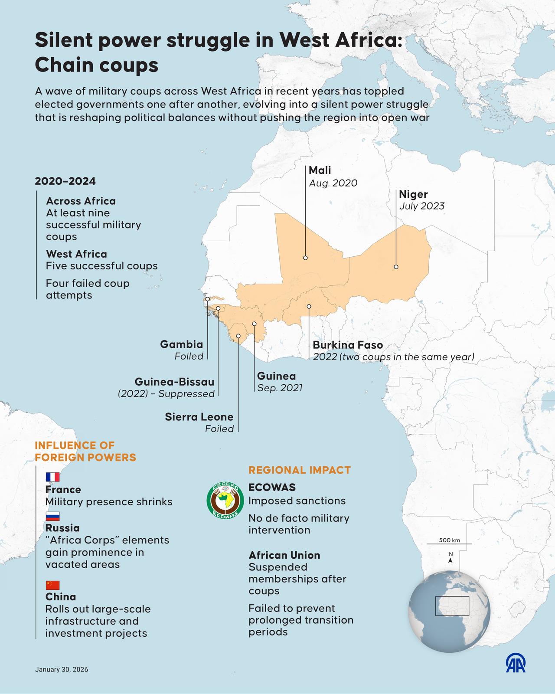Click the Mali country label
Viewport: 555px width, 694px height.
pyautogui.click(x=320, y=170)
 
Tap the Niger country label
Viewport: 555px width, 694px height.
pyautogui.click(x=413, y=194)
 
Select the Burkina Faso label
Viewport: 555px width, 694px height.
pyautogui.click(x=348, y=345)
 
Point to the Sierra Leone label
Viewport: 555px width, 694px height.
pyautogui.click(x=199, y=417)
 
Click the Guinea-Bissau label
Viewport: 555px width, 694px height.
pyautogui.click(x=174, y=382)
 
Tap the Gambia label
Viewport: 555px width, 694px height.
pyautogui.click(x=181, y=344)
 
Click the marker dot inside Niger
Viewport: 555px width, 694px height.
pyautogui.click(x=396, y=267)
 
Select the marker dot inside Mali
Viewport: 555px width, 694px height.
pyautogui.click(x=305, y=258)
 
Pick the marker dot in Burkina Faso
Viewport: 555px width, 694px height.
pyautogui.click(x=309, y=306)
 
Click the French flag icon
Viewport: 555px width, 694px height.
pyautogui.click(x=52, y=477)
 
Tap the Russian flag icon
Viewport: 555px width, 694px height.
pyautogui.click(x=52, y=516)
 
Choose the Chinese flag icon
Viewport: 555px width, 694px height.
pyautogui.click(x=52, y=585)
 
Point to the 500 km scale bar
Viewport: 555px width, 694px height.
pyautogui.click(x=449, y=543)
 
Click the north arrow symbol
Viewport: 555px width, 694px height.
pyautogui.click(x=451, y=558)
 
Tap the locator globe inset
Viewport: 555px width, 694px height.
pyautogui.click(x=449, y=612)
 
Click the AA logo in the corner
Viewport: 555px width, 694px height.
pyautogui.click(x=516, y=663)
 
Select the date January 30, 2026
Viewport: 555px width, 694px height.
pyautogui.click(x=62, y=670)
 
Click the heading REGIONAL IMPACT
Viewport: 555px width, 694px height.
pyautogui.click(x=299, y=470)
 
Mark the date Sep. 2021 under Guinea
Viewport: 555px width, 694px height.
pyautogui.click(x=280, y=388)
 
